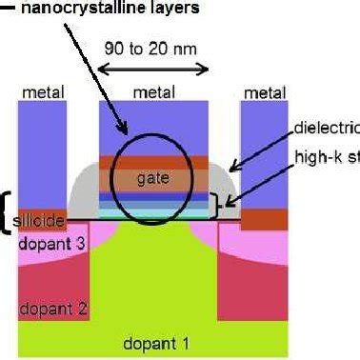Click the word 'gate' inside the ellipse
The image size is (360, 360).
click(151, 177)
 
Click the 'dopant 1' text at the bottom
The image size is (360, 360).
click(152, 341)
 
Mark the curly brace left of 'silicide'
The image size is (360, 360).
click(8, 212)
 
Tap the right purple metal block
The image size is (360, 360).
click(264, 152)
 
